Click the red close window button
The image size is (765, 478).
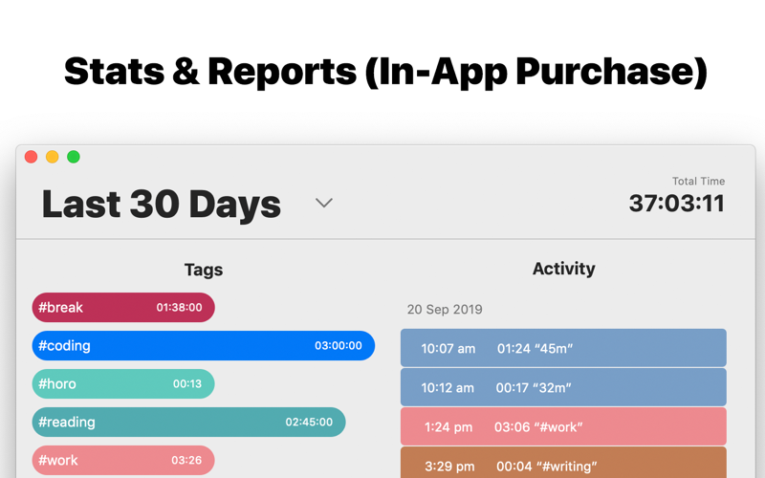(x=32, y=157)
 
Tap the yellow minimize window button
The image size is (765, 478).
(x=53, y=157)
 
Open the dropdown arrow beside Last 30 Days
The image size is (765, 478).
(x=324, y=203)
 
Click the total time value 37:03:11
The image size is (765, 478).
(x=676, y=204)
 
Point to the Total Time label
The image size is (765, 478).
(x=698, y=181)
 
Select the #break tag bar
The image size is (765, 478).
(x=123, y=308)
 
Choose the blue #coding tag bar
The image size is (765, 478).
(x=203, y=346)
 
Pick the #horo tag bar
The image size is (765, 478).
(x=123, y=384)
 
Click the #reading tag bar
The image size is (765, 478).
(x=188, y=423)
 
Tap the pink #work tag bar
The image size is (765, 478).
(x=123, y=460)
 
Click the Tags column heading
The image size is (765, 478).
(x=204, y=270)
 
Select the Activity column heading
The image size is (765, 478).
(x=563, y=269)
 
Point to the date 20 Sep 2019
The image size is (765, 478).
(x=445, y=310)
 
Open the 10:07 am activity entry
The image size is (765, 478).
(x=563, y=348)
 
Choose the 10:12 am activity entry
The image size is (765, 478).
(x=563, y=387)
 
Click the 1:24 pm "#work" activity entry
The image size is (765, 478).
(x=563, y=426)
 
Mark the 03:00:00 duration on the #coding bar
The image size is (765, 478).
(x=339, y=346)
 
